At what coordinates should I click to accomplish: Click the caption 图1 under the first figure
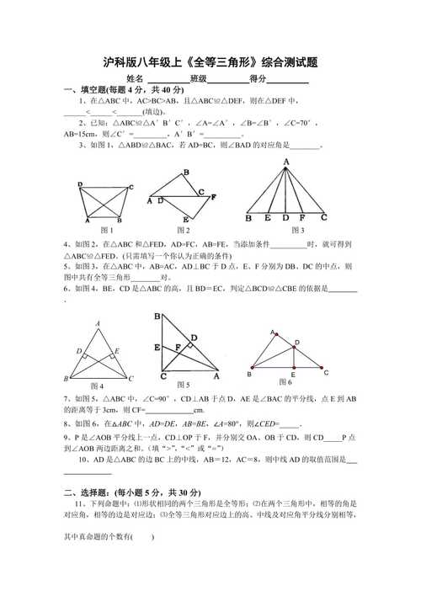point(106,230)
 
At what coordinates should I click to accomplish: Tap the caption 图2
point(184,230)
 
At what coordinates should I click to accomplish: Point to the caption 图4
point(96,386)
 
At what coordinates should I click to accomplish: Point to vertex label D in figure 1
point(79,185)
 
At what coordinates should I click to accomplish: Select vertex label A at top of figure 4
point(99,322)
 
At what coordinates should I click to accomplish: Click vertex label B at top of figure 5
point(157,317)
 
